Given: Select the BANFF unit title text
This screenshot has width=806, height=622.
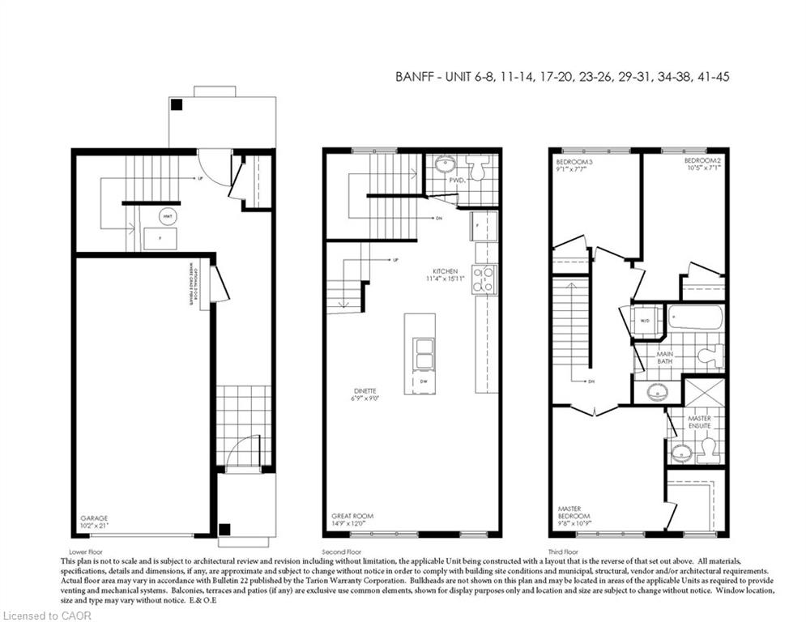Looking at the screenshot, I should tap(565, 77).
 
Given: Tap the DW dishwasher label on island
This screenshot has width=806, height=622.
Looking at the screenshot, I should tap(423, 381).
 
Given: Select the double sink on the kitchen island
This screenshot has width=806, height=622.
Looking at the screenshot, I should tap(422, 354).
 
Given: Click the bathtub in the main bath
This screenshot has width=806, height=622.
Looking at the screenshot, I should tap(695, 317).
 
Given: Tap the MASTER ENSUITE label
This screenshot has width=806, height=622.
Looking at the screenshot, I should tap(699, 422).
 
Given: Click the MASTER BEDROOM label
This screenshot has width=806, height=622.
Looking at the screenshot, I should tap(574, 513).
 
